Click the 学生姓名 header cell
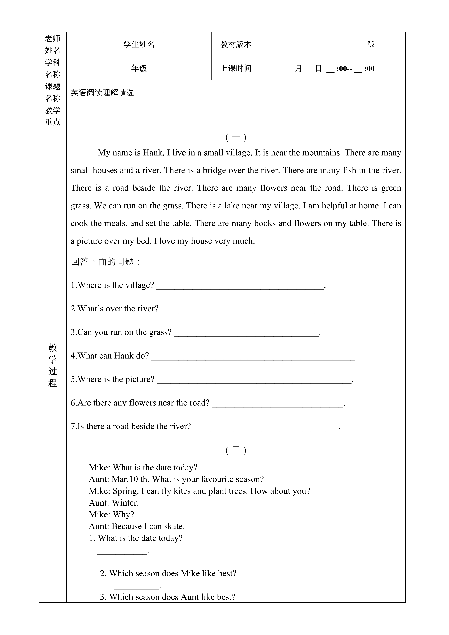(139, 44)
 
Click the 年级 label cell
(139, 68)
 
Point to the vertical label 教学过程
(53, 365)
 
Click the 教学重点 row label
(53, 116)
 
